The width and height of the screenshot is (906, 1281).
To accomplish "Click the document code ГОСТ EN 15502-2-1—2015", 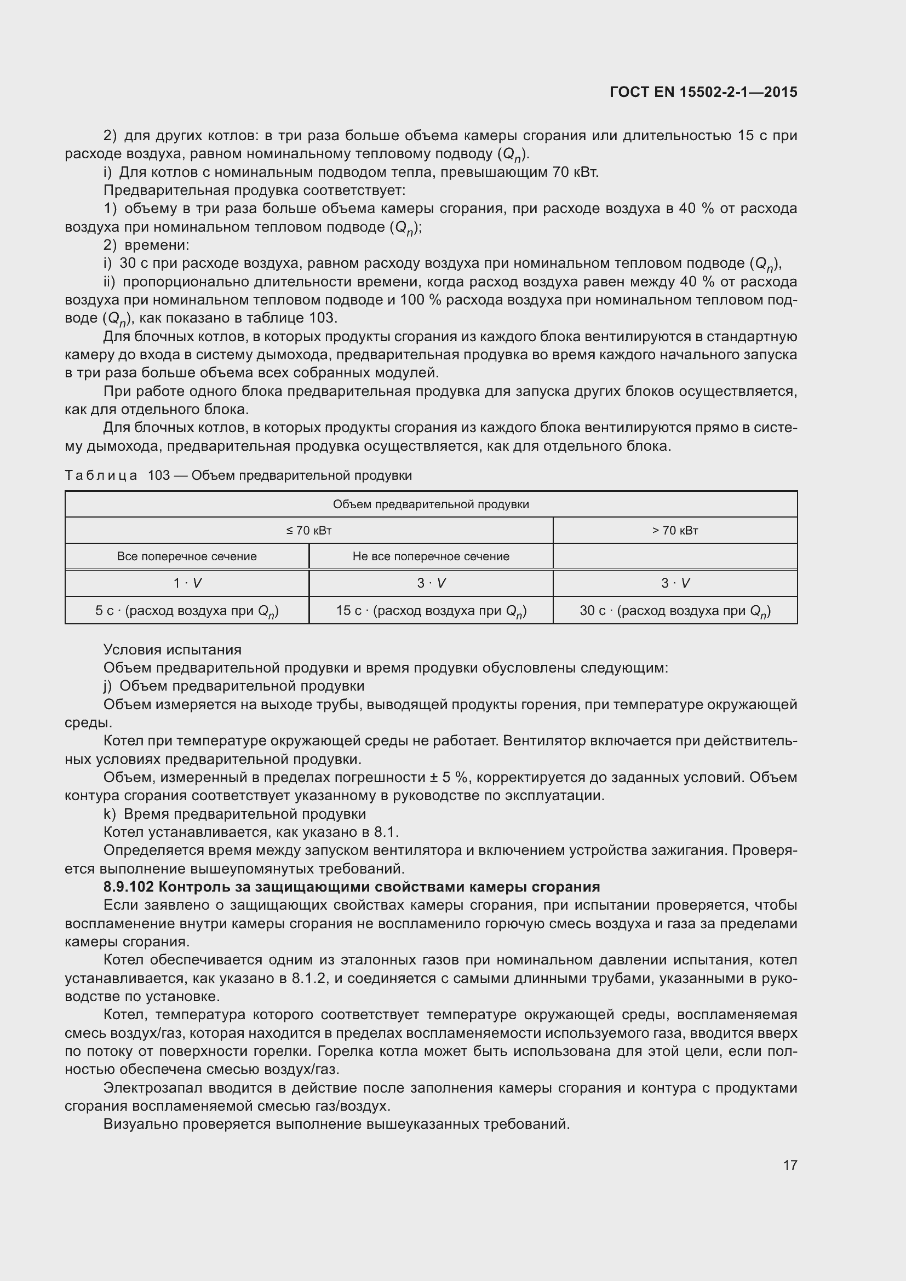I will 703,92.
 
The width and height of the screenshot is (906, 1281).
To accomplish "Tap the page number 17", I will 790,1165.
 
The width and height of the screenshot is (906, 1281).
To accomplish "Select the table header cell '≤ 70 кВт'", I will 308,531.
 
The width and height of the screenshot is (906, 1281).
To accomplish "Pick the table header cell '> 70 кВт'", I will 674,531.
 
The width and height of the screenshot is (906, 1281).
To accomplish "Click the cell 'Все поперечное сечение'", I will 187,556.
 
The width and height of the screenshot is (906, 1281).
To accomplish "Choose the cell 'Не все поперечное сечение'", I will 431,556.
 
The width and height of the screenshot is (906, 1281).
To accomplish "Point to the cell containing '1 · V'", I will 187,583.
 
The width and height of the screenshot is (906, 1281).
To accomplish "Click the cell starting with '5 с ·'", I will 187,610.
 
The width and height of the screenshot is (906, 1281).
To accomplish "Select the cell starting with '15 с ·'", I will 431,610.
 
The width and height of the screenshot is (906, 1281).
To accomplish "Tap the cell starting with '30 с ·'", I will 674,610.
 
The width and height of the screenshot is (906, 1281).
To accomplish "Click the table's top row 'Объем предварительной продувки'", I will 431,504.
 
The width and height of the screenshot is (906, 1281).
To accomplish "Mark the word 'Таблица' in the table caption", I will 101,475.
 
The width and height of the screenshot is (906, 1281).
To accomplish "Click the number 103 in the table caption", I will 158,475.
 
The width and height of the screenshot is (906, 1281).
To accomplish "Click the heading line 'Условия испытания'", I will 173,650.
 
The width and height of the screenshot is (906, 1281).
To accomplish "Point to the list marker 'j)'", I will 108,686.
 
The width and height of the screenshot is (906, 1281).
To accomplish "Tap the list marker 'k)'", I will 110,814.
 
